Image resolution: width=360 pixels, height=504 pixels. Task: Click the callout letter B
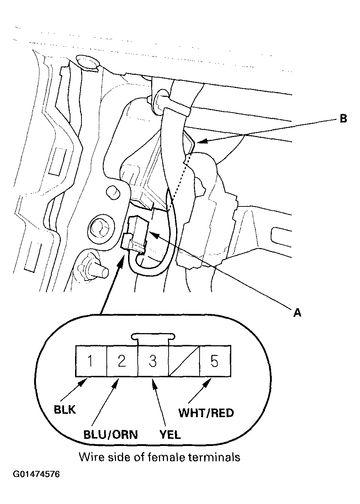343,119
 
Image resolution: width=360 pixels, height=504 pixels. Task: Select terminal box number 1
91,361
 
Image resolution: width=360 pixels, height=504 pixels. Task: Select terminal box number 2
122,361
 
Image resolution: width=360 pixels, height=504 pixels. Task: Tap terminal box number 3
153,361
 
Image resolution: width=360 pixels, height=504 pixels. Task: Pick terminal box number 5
215,361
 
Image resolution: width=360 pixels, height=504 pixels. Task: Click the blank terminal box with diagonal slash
184,361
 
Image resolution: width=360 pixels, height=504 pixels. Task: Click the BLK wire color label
65,409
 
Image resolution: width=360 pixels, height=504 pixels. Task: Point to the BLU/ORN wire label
110,435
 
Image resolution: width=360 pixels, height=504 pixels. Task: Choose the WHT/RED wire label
206,413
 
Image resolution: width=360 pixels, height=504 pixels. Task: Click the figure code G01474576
36,474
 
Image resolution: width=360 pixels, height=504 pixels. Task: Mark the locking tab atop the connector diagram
153,336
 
